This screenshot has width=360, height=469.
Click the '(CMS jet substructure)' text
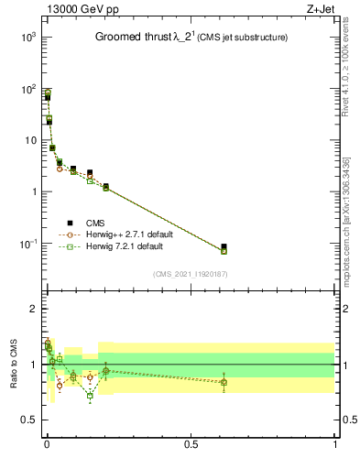tap(240, 38)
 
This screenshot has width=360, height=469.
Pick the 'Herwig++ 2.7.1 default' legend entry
tap(128, 234)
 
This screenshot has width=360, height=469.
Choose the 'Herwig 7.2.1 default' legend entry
tap(125, 246)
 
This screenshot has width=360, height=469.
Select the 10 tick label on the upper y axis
tap(29, 140)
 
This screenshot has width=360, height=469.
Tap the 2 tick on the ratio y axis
tap(33, 309)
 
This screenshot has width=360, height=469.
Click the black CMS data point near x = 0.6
tap(224, 246)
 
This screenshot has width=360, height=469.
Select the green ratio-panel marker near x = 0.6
tap(224, 383)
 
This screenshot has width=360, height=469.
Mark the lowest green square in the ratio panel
tap(90, 396)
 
